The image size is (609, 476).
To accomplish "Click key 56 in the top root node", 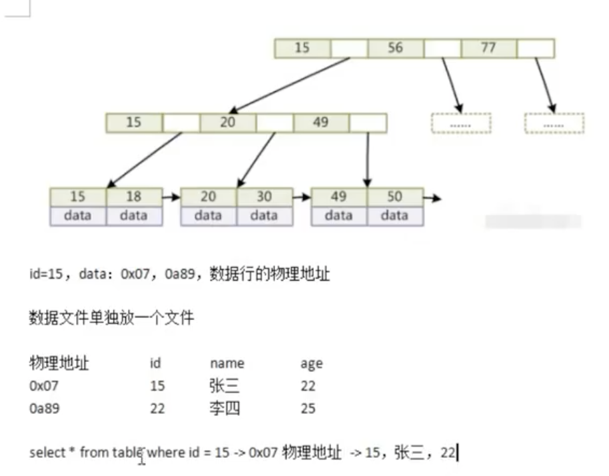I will click(395, 48).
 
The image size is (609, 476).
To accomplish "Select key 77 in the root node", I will click(488, 48).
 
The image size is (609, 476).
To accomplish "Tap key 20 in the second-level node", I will click(228, 123).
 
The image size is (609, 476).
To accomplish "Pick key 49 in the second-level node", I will click(321, 123).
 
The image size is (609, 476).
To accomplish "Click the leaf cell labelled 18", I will click(134, 197).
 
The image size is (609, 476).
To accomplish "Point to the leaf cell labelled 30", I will click(264, 197).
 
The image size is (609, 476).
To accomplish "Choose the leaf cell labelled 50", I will click(394, 197).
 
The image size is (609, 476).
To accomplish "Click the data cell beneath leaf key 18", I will click(134, 215).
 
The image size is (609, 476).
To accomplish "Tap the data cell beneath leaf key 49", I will click(338, 215).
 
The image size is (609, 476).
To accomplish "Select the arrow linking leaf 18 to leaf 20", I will click(171, 198).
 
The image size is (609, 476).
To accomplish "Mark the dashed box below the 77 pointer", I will click(554, 123).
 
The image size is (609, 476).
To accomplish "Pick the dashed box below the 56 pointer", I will click(460, 123).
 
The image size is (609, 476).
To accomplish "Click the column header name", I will click(227, 363).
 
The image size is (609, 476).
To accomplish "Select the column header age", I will click(311, 363).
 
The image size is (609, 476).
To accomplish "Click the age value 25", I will click(308, 408).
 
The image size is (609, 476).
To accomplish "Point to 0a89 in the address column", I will click(45, 408).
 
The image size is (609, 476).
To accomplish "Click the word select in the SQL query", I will click(46, 453).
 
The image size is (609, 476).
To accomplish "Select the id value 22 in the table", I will click(157, 408).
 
